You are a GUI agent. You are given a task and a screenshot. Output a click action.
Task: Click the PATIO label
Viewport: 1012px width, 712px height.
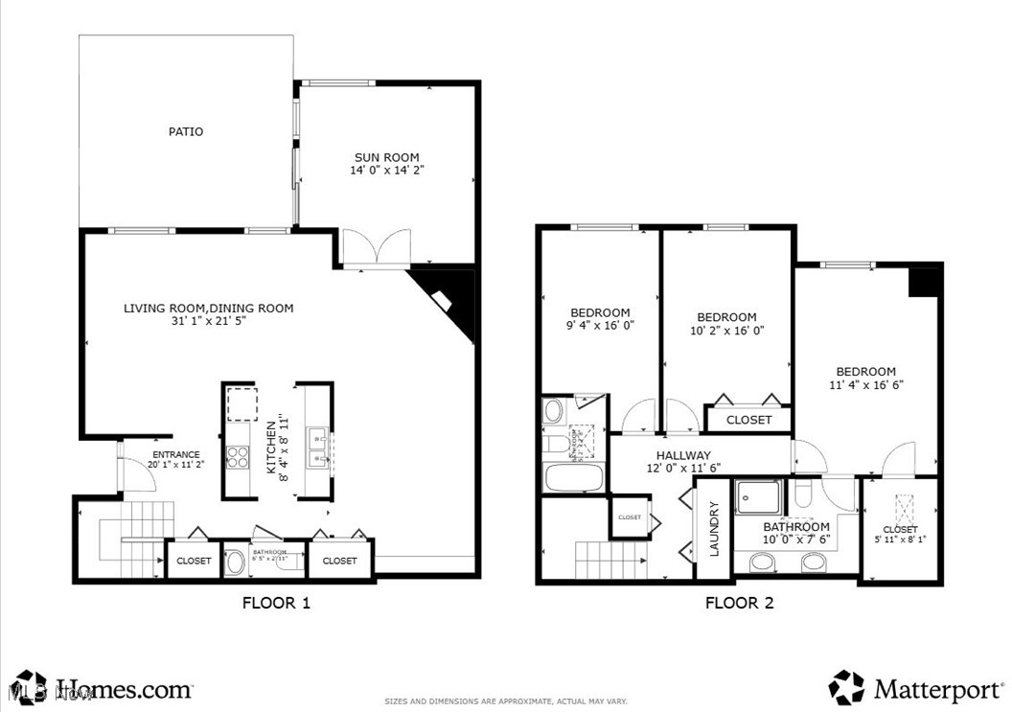click(x=186, y=131)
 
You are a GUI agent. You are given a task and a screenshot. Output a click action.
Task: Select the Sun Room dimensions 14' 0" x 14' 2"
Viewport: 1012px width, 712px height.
click(x=386, y=171)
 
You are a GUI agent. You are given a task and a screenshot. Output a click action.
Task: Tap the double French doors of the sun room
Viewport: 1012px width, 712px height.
click(x=377, y=247)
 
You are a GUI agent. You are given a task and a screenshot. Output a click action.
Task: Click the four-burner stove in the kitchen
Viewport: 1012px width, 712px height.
click(x=238, y=456)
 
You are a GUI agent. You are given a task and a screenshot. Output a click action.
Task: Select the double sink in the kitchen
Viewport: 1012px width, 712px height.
click(x=318, y=448)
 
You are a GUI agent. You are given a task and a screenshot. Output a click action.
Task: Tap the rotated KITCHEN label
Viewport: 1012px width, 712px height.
click(x=271, y=447)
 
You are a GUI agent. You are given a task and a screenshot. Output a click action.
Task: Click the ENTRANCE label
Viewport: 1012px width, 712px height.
click(x=175, y=454)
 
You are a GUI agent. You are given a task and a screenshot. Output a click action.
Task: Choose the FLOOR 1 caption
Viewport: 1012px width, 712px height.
click(x=276, y=604)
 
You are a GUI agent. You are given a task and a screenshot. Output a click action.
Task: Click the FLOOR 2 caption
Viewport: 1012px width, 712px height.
click(x=739, y=604)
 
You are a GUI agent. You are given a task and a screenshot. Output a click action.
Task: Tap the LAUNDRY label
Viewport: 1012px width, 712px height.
click(x=713, y=530)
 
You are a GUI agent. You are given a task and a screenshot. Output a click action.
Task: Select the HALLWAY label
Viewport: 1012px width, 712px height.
click(x=683, y=455)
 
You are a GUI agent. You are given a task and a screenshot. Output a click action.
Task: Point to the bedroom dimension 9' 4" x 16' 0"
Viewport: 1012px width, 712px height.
click(x=600, y=325)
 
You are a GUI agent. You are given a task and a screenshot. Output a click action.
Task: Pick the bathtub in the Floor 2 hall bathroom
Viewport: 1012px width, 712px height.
click(x=573, y=477)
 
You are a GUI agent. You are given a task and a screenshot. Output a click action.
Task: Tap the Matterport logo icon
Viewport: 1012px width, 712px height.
click(x=846, y=686)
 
